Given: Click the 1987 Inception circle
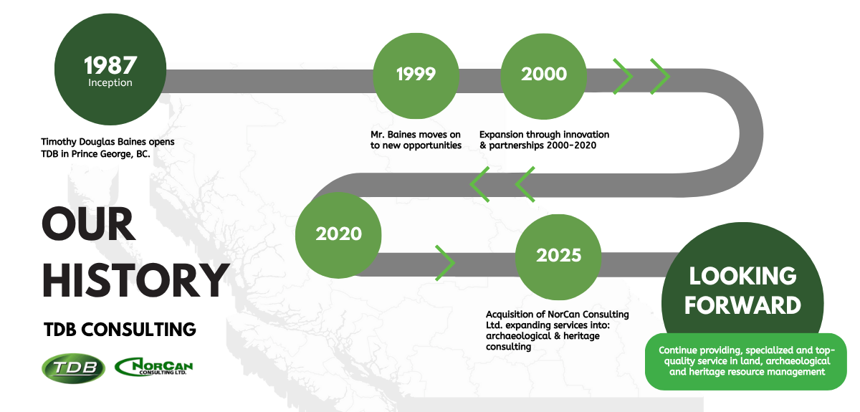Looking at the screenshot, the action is (x=110, y=69).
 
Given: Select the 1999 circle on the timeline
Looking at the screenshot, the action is (x=416, y=76).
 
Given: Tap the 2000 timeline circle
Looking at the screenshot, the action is (x=544, y=76).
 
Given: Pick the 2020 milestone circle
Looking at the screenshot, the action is (x=338, y=235).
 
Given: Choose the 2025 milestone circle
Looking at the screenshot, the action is (x=558, y=257).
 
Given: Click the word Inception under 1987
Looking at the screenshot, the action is (x=110, y=82).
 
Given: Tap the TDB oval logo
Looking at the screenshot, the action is (x=73, y=368).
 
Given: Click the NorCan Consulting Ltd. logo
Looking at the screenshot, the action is (x=153, y=367).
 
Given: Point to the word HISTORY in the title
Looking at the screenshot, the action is (x=136, y=280).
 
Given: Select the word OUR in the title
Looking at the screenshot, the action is (x=89, y=224).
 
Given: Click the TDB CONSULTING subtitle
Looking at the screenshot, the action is (x=120, y=330).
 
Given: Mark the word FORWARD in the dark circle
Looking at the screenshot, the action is (x=742, y=306).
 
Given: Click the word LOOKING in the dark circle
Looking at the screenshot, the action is (x=742, y=276).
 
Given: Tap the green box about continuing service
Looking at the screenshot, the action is (x=746, y=361).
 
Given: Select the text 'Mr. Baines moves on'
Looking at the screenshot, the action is (x=416, y=135).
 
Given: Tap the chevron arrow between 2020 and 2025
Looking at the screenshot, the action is (x=445, y=263).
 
